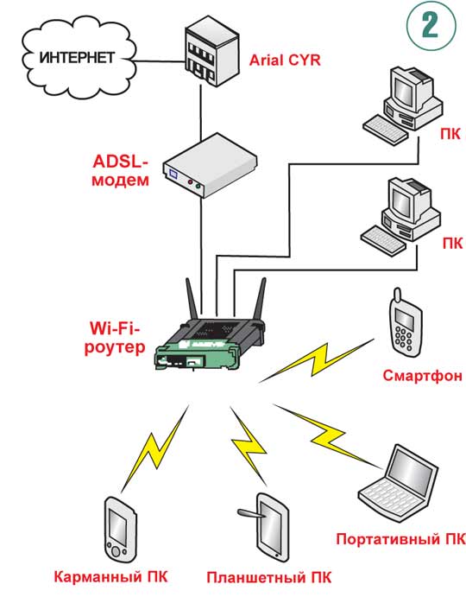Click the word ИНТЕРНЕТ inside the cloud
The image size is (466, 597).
77,58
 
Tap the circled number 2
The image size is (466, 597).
431,26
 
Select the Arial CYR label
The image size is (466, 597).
285,60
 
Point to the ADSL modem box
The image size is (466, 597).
210,165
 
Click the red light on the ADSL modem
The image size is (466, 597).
190,183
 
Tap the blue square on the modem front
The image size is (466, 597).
173,175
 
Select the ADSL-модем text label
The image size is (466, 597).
120,170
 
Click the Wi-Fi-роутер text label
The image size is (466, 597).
115,337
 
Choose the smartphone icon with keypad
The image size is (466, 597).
405,322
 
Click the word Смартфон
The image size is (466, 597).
422,376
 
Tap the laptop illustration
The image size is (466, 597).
398,484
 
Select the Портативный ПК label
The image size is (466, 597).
400,539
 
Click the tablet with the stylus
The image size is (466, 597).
267,527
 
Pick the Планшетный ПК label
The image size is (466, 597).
269,578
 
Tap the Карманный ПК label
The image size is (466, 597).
110,576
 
